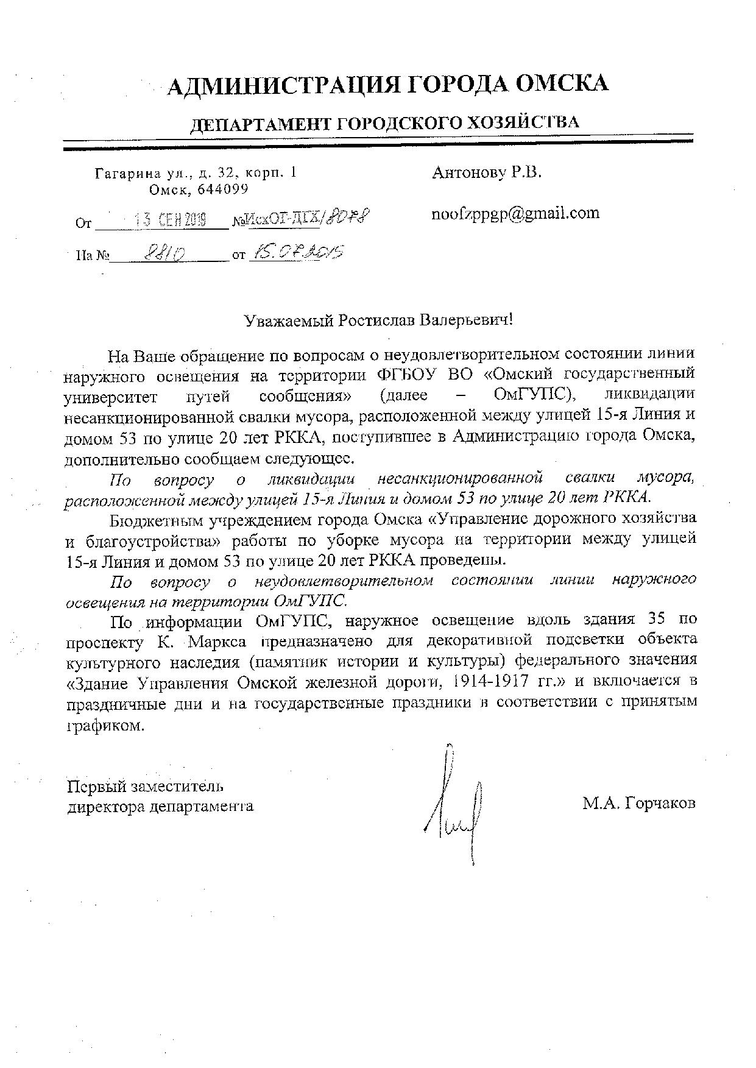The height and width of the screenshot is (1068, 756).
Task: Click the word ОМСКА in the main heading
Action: coord(562,84)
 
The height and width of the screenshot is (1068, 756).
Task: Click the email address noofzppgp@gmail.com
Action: coord(515,213)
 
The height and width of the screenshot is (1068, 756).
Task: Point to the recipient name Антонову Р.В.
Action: coord(486,172)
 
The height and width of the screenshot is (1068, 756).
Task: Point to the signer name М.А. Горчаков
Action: coord(638,803)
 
